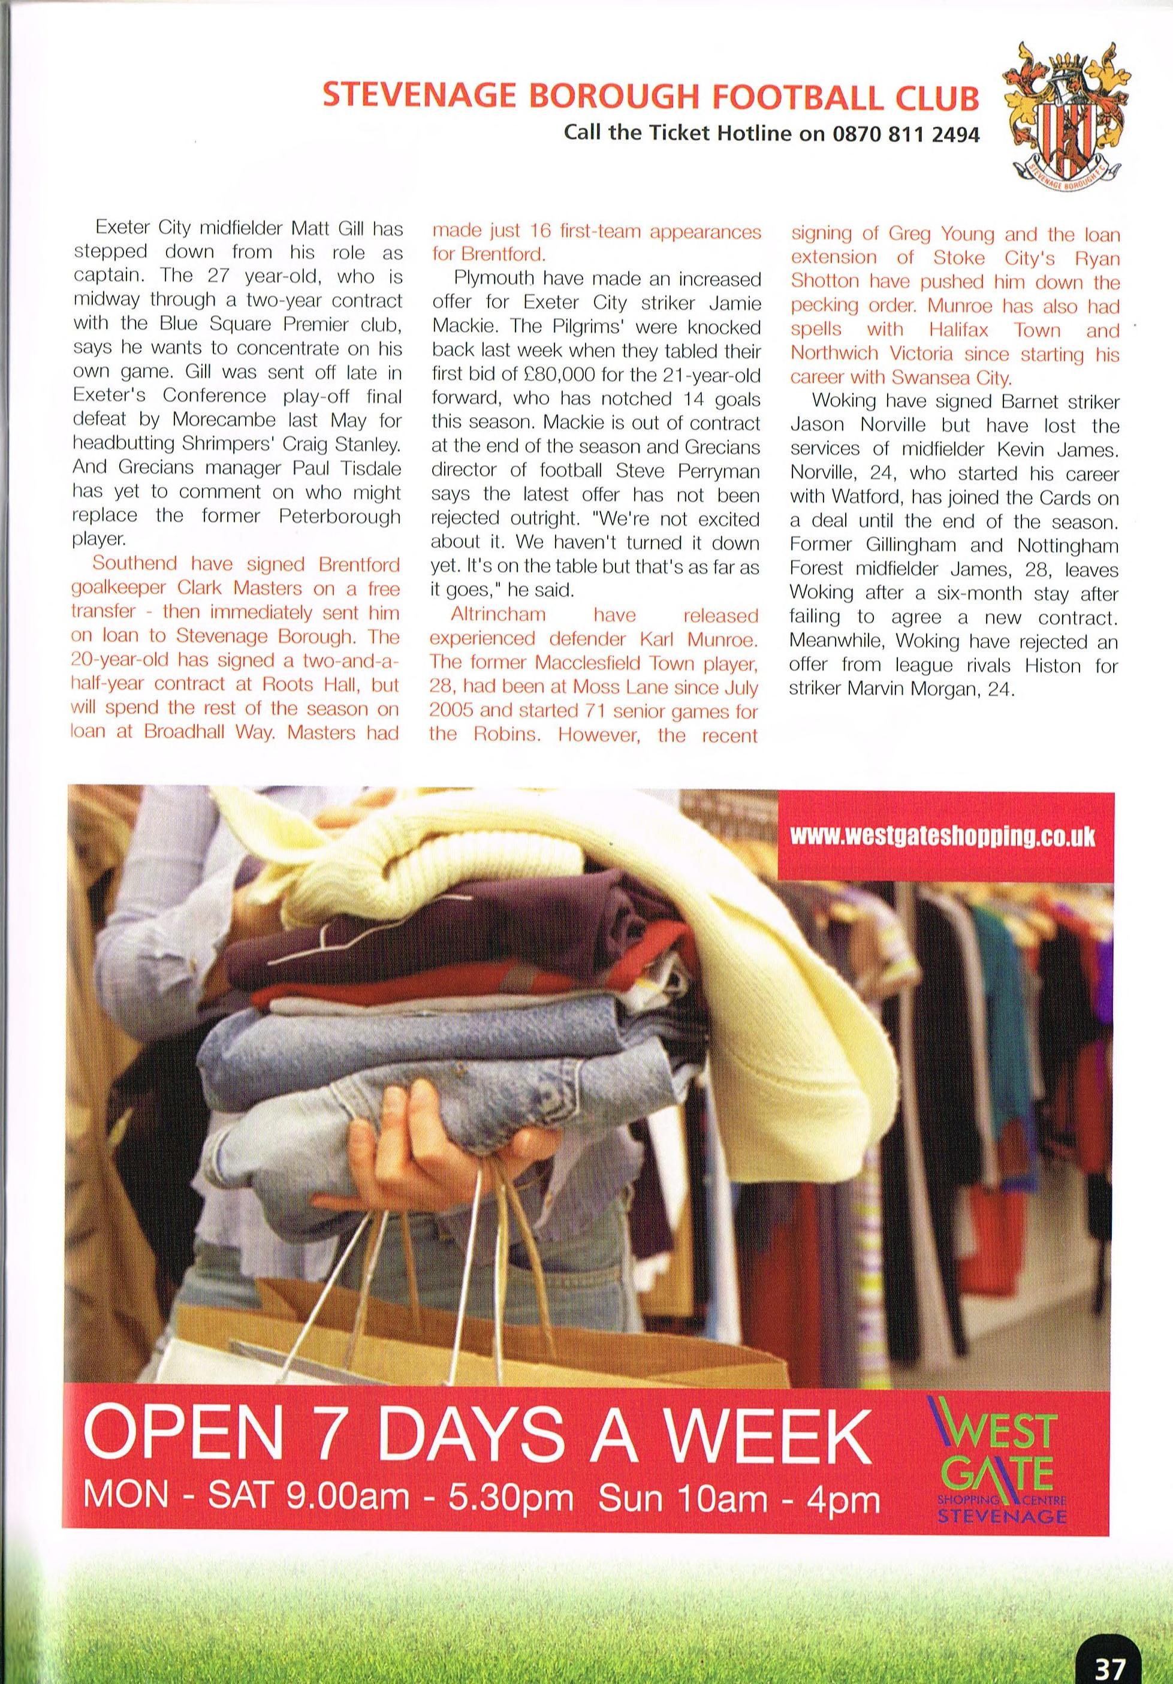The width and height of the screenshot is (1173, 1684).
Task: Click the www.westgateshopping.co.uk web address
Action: [x=943, y=837]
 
